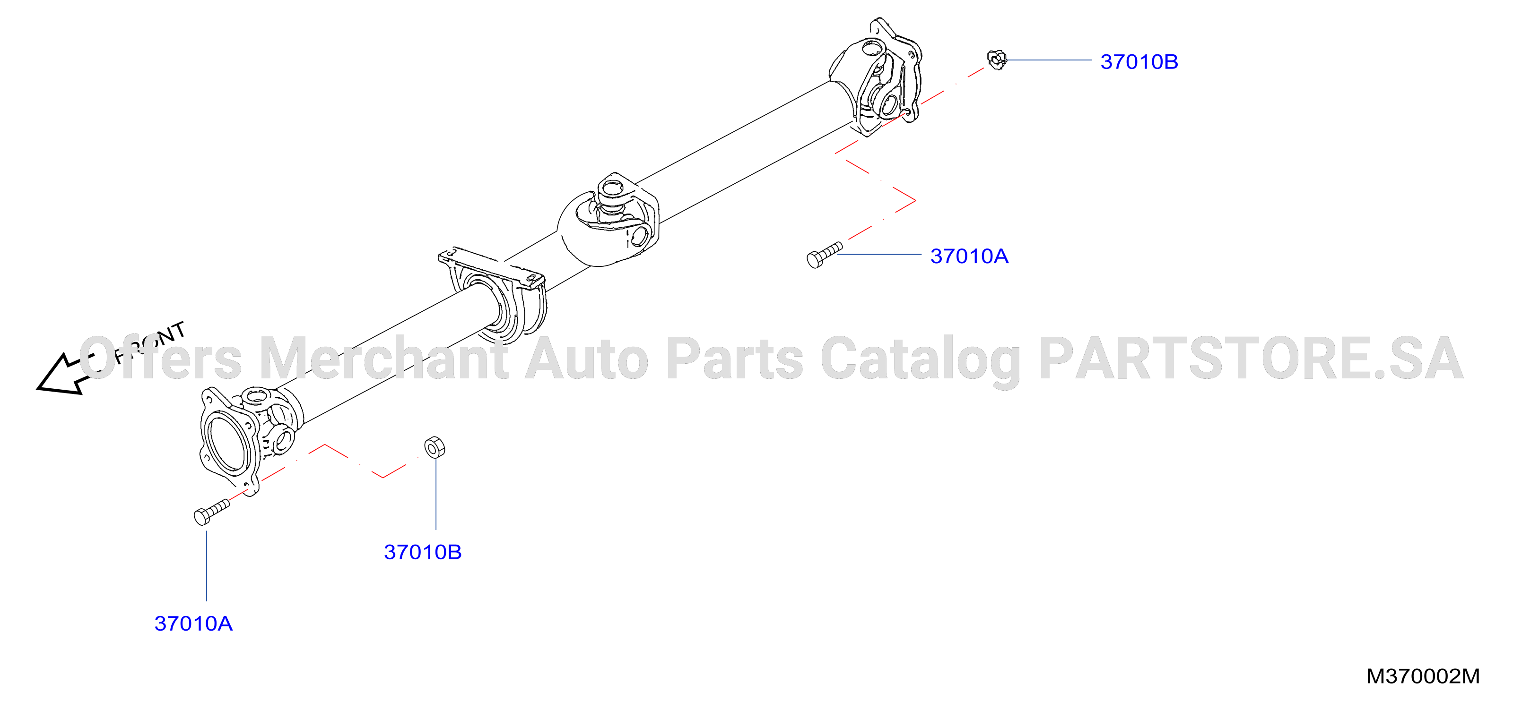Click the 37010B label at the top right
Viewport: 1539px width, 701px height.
[x=1139, y=61]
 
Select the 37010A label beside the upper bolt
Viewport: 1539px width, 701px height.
[x=969, y=256]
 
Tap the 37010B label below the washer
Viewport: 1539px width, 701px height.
[x=422, y=552]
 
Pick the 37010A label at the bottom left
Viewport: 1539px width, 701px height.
[x=193, y=624]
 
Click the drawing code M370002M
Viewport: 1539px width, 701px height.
[x=1423, y=676]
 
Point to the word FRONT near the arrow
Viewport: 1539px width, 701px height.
[x=150, y=342]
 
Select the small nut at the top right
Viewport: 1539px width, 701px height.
[x=997, y=60]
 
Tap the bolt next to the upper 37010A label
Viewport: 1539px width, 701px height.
[x=825, y=255]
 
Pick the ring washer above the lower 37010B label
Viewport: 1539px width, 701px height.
[x=435, y=447]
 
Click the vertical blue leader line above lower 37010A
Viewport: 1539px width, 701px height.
[x=207, y=565]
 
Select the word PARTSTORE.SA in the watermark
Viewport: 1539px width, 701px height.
[x=1252, y=358]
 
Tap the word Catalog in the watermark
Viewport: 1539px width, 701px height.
[x=920, y=360]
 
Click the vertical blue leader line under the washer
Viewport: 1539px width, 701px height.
[x=436, y=494]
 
